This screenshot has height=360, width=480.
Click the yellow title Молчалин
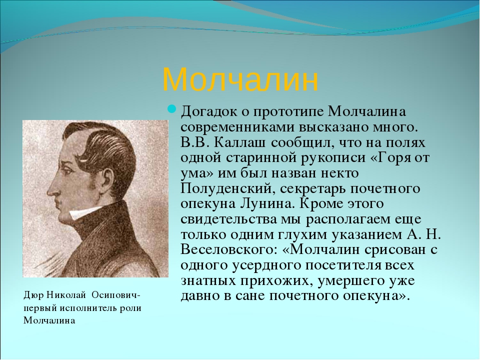click(240, 79)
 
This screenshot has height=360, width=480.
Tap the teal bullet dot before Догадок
click(172, 108)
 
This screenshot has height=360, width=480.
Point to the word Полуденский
click(226, 189)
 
